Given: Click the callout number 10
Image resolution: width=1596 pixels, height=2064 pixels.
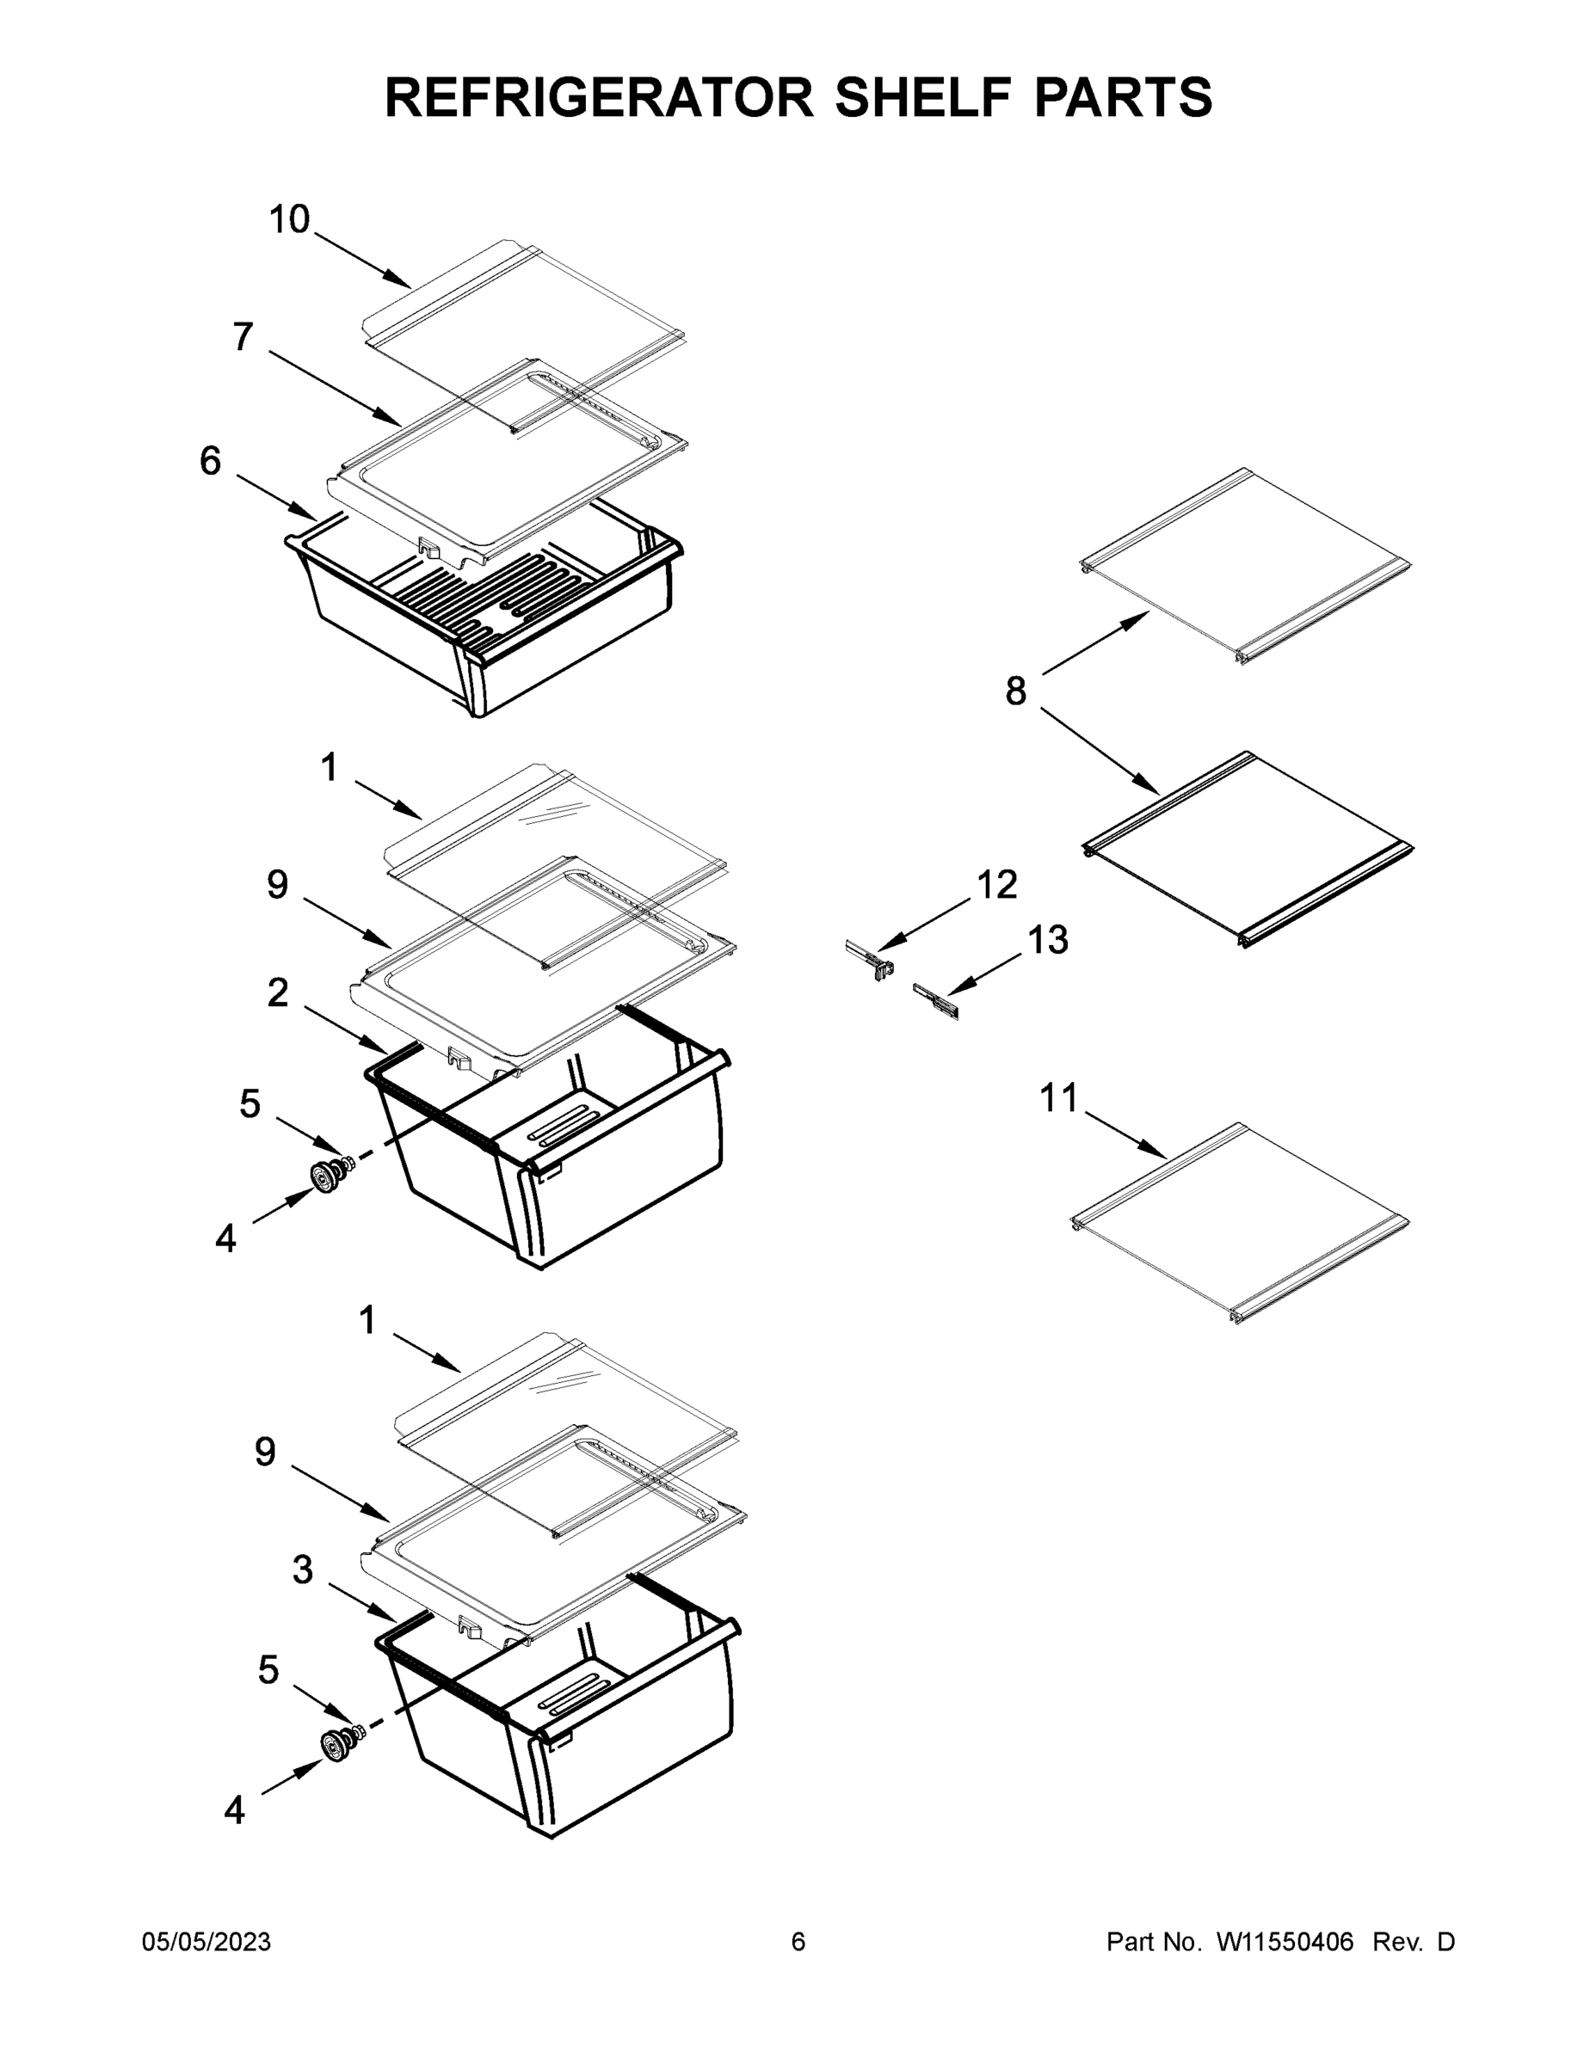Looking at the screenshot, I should pos(289,219).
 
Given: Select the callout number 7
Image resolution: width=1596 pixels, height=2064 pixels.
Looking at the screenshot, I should pos(244,336).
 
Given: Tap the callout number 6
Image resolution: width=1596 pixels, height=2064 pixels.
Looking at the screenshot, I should pos(210,461).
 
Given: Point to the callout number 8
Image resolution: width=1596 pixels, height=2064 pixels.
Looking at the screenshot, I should pos(1015,691).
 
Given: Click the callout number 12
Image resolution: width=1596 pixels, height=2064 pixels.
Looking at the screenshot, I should pos(996,885).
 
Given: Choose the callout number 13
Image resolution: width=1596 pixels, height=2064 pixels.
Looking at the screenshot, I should pos(1047,940).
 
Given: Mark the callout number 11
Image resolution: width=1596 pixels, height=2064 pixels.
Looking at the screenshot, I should pos(1058,1098).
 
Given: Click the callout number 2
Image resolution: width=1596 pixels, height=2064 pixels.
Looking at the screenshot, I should pos(277,992).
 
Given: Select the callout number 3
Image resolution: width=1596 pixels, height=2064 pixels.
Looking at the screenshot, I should pos(302,1569).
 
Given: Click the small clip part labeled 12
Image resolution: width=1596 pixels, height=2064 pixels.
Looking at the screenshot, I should pos(871,960).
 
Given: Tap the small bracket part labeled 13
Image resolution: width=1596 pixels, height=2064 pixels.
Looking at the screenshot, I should pos(936,1002).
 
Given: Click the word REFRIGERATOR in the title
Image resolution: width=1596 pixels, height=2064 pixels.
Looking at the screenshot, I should pos(599,97).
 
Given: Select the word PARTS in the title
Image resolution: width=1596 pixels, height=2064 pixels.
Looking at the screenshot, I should pos(1122,97).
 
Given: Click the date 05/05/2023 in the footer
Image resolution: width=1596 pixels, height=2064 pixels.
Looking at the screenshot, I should pos(206,1942).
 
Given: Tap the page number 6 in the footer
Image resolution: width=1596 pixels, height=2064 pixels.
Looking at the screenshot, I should pos(798,1942).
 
